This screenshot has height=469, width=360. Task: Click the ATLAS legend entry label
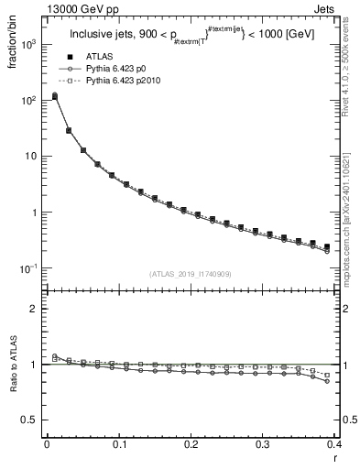click(x=99, y=56)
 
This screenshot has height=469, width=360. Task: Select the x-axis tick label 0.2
click(x=191, y=444)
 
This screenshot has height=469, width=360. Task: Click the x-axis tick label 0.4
click(x=334, y=444)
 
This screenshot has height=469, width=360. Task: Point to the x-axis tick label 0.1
click(x=118, y=444)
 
